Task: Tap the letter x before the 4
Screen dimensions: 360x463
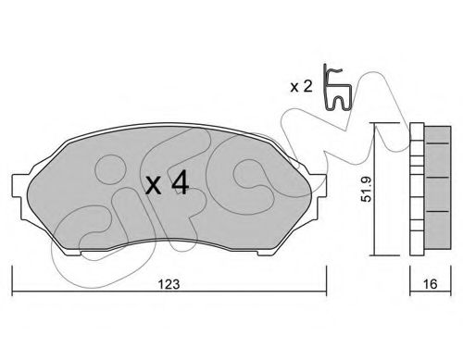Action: [x=155, y=187]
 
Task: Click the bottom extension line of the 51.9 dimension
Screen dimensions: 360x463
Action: [x=389, y=255]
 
